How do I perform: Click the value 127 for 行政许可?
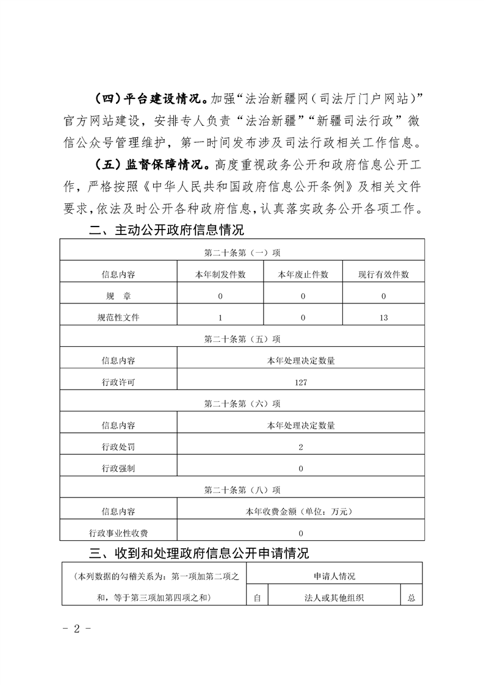click(x=300, y=382)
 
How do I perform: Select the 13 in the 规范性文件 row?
click(x=383, y=317)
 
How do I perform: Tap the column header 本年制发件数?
click(x=220, y=275)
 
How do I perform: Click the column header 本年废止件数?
click(x=303, y=275)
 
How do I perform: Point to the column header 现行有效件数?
click(x=383, y=275)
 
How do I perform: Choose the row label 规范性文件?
click(x=118, y=317)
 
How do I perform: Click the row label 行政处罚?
click(x=118, y=447)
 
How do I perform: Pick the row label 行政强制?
click(x=118, y=468)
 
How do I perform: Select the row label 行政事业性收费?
click(x=118, y=533)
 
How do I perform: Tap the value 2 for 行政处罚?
click(x=301, y=447)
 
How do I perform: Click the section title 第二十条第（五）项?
click(x=242, y=339)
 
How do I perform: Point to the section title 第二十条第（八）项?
click(x=242, y=490)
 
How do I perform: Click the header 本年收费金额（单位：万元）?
click(x=300, y=512)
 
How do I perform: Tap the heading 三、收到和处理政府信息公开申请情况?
click(x=199, y=554)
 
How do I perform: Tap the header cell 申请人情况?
click(x=334, y=576)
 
